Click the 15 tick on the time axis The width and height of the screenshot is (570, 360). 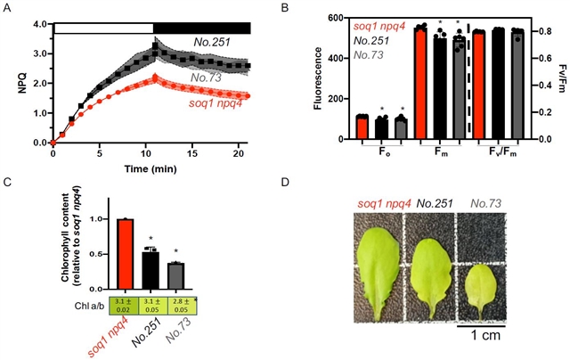[x=192, y=153]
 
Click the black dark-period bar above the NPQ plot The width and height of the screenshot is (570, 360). [x=201, y=28]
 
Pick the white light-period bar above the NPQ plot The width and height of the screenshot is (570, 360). [x=103, y=28]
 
